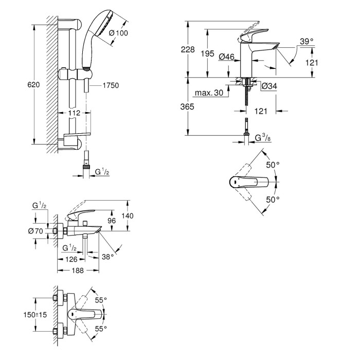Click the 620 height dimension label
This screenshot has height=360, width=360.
[x=33, y=85]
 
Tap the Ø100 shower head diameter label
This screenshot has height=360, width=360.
[x=118, y=33]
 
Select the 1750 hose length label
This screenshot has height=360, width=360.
[x=111, y=85]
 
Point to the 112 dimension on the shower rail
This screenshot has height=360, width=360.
[x=75, y=113]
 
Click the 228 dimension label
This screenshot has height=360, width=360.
[x=188, y=49]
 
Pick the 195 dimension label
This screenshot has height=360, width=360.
[x=208, y=53]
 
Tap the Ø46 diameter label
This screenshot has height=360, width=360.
[x=226, y=57]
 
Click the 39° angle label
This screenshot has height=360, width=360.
[x=307, y=41]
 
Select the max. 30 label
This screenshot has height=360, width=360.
[x=209, y=93]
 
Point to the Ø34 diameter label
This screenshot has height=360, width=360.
[x=269, y=86]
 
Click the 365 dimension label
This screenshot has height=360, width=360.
[x=187, y=107]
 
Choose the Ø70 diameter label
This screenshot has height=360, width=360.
[x=35, y=231]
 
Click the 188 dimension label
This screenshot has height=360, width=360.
[x=78, y=271]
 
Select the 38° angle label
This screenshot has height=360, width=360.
[x=107, y=257]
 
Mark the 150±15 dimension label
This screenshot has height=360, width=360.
[x=35, y=315]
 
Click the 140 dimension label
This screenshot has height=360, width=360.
[x=128, y=216]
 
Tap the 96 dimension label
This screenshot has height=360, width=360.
[x=112, y=221]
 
